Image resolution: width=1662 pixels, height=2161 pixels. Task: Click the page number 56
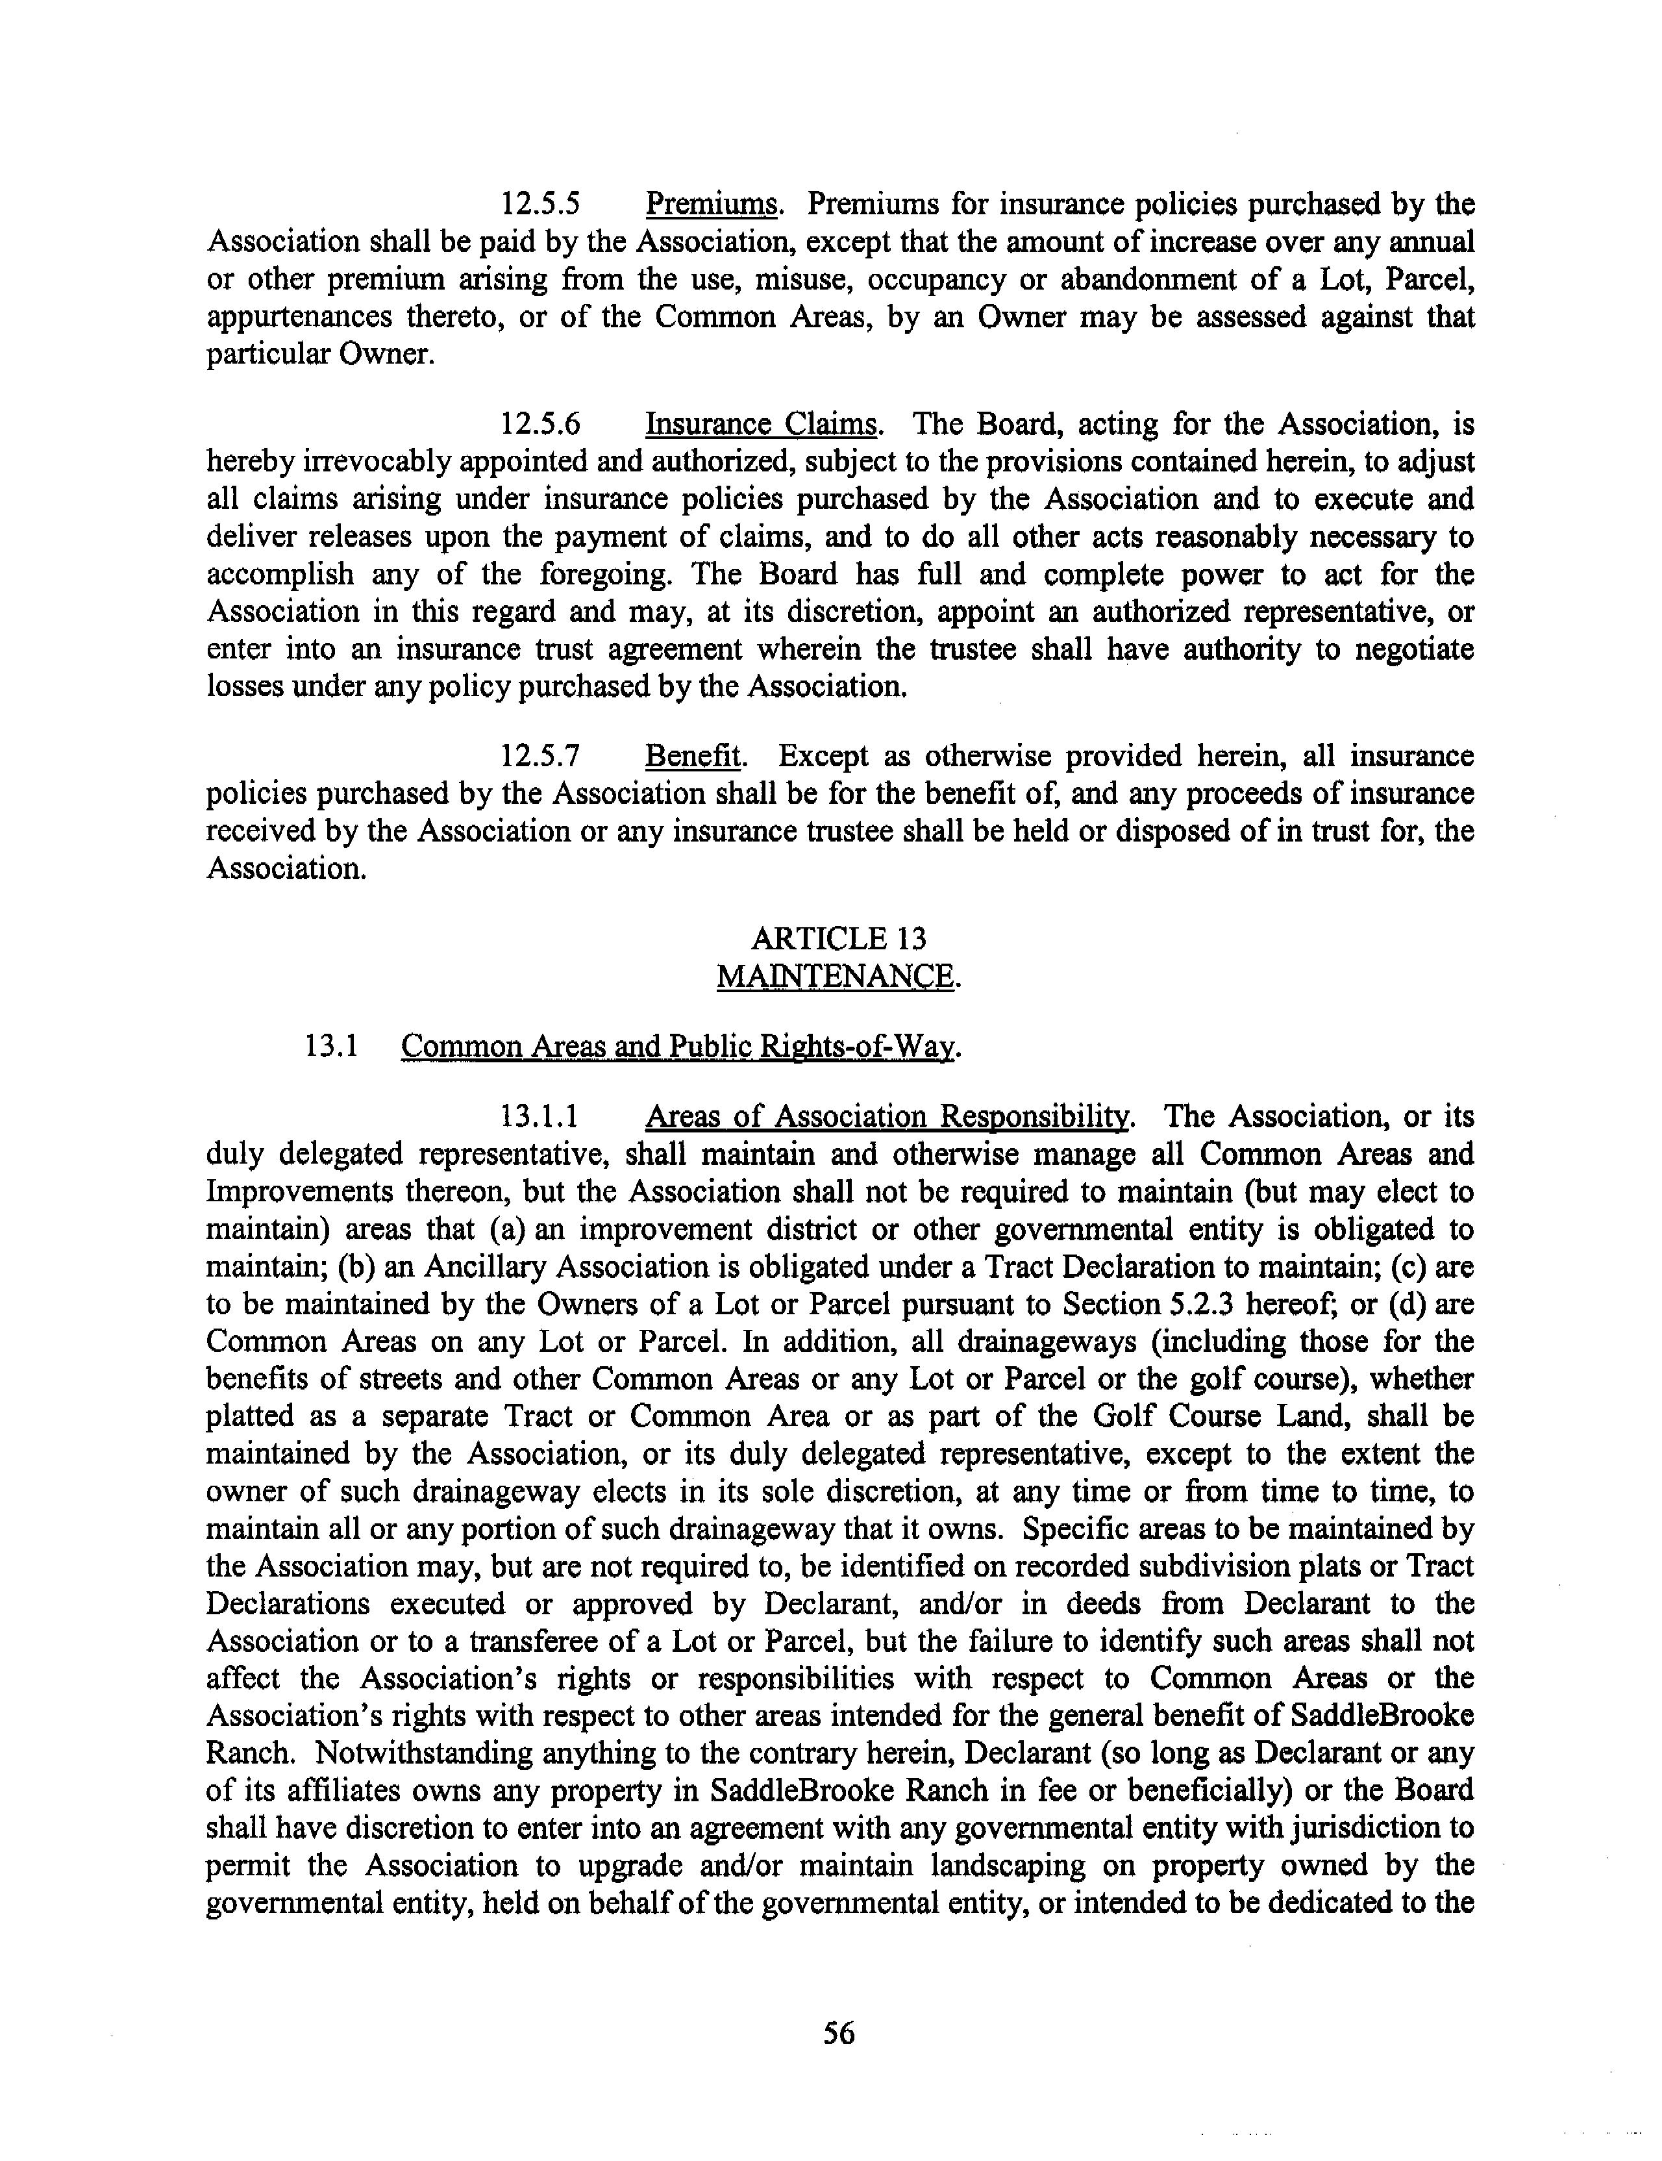(x=838, y=2032)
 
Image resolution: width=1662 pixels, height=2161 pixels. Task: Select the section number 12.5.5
(x=539, y=205)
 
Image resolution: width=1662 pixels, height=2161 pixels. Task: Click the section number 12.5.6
(x=539, y=425)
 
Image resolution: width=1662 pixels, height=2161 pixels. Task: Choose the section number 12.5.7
(x=539, y=757)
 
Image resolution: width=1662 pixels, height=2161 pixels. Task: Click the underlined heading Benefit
(x=693, y=757)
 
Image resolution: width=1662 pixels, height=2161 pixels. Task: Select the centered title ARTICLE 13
(x=838, y=938)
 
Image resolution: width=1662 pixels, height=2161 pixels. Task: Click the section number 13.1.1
(x=539, y=1117)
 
